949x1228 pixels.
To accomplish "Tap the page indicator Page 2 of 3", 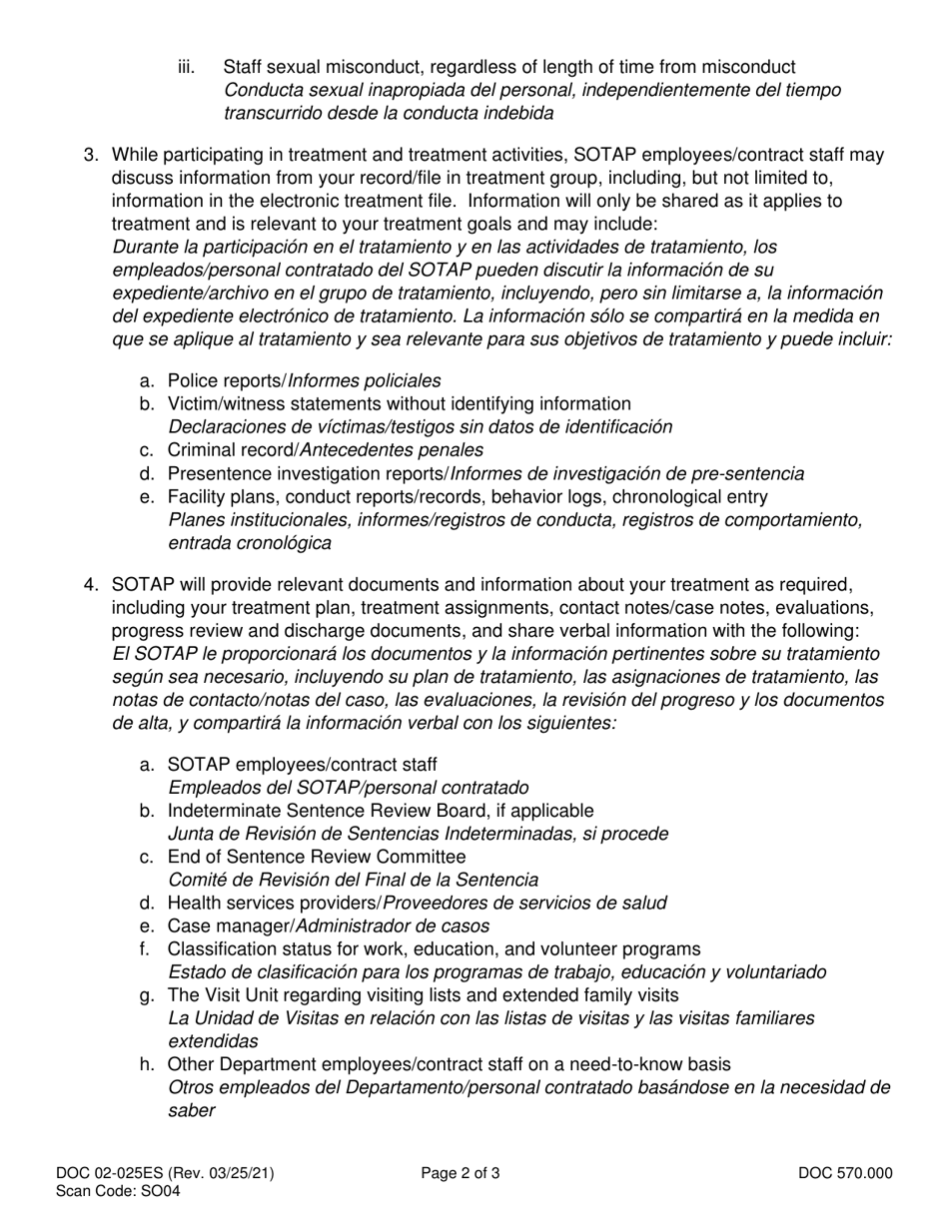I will point(461,1174).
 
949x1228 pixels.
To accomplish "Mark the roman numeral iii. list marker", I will point(187,67).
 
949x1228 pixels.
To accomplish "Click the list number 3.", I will point(91,155).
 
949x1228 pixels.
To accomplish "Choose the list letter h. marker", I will point(147,1064).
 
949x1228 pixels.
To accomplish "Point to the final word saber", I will point(192,1110).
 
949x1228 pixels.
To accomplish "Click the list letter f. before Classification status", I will point(146,948).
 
